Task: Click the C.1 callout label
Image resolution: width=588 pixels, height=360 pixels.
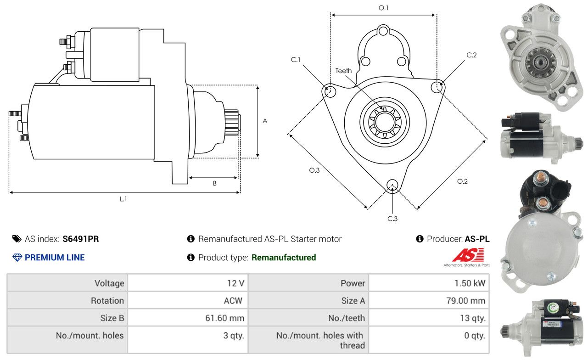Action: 295,60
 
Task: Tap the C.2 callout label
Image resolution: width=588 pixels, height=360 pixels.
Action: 471,55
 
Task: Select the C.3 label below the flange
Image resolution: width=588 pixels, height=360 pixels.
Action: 392,219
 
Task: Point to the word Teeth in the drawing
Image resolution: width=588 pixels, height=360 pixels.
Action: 343,71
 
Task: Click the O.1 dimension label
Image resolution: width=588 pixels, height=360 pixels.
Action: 383,8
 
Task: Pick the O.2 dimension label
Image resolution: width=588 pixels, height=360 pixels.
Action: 462,181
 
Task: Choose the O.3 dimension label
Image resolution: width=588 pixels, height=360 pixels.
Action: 314,170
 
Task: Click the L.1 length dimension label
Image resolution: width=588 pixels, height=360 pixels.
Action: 123,199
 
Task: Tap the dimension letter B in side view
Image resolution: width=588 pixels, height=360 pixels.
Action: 214,183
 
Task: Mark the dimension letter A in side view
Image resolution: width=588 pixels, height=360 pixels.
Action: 265,121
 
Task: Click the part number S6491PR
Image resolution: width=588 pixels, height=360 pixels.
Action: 81,239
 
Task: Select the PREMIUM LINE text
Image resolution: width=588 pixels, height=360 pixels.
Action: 55,258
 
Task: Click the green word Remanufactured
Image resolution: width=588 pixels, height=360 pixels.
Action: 284,258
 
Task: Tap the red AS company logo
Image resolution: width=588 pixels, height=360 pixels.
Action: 468,255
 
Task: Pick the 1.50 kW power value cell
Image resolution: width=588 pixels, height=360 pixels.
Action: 470,283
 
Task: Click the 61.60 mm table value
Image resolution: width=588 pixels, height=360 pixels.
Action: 224,318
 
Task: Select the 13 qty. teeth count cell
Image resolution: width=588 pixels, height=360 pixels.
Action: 472,318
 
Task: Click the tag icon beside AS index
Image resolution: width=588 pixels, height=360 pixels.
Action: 17,239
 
